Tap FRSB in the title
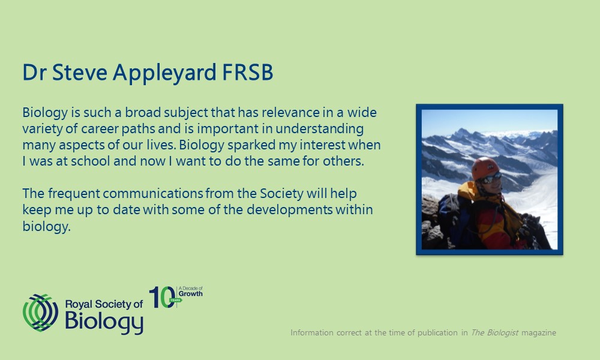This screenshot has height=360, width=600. [248, 72]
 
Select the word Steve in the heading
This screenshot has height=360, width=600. [80, 72]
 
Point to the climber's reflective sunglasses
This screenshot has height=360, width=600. [491, 178]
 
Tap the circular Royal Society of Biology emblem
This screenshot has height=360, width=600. [40, 313]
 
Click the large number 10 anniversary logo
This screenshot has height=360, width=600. [162, 297]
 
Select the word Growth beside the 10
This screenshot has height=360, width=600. [191, 294]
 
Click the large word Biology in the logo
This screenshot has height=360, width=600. [104, 322]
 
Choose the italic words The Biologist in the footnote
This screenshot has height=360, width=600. [494, 332]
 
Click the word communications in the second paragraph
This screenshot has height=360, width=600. [153, 194]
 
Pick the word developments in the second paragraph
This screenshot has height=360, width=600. [290, 210]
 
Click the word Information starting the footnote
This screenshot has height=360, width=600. [312, 332]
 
